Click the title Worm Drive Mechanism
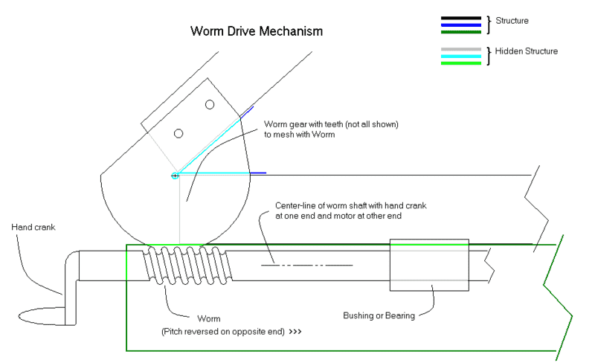(x=257, y=32)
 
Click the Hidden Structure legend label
(x=527, y=51)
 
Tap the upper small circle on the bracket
(x=210, y=104)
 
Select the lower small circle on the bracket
(x=178, y=133)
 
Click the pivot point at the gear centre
(x=175, y=176)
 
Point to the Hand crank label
(x=34, y=227)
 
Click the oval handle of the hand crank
(x=45, y=315)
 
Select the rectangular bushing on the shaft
(x=429, y=265)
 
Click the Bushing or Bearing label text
(x=379, y=315)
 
